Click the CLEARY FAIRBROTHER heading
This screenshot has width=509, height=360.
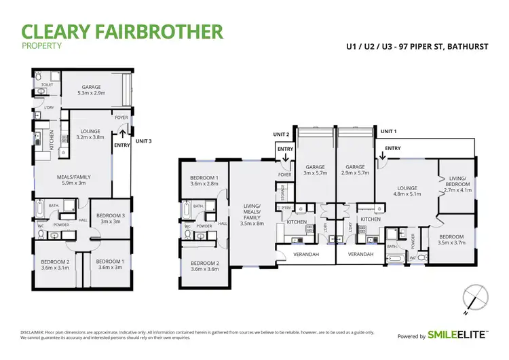click(x=122, y=31)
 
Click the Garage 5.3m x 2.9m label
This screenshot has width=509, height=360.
click(x=92, y=90)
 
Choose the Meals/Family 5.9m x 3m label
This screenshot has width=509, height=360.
click(x=73, y=180)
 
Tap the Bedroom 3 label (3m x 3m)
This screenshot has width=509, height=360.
click(x=109, y=218)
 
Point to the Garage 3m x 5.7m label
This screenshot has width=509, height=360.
click(x=314, y=170)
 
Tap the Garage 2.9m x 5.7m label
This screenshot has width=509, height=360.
click(x=355, y=170)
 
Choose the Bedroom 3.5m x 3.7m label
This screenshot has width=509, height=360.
click(x=453, y=238)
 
